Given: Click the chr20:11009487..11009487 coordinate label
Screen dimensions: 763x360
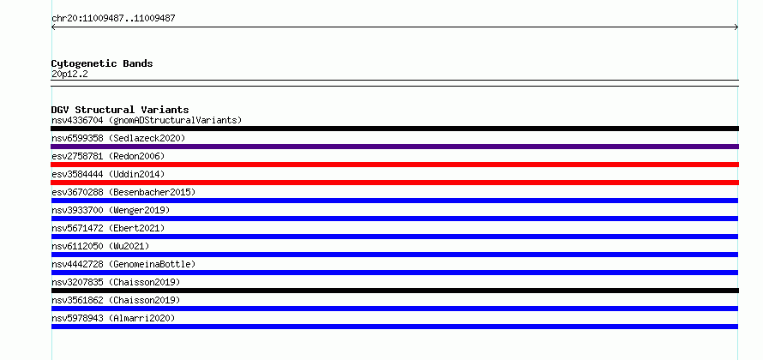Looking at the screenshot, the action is point(113,19).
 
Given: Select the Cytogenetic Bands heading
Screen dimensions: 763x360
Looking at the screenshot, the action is point(102,63).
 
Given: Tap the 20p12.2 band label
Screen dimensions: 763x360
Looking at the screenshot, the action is point(69,74).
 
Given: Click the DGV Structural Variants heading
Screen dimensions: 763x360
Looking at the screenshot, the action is point(120,110).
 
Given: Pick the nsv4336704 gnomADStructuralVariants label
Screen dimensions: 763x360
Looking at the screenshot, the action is point(147,120).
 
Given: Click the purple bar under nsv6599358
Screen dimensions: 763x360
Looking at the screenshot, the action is point(394,147).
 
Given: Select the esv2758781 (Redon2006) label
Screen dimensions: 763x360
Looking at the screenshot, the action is point(108,156).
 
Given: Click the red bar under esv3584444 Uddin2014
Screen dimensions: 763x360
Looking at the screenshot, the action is point(394,183).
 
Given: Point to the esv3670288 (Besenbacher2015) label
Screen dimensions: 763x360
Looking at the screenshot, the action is point(123,192).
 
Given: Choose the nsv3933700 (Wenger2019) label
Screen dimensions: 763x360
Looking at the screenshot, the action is point(111,210).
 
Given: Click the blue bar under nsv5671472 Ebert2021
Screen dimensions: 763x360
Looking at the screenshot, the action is point(394,237).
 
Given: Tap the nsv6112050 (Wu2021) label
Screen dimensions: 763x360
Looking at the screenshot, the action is point(100,246).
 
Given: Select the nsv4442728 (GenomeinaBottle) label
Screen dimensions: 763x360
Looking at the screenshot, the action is point(123,264).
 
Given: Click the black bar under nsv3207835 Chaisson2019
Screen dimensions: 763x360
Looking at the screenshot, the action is point(394,291).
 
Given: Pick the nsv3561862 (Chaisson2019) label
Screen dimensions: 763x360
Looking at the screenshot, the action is point(116,300).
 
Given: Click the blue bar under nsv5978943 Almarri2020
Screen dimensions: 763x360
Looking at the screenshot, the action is point(394,327).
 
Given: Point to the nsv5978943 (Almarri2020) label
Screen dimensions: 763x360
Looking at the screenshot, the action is point(113,318).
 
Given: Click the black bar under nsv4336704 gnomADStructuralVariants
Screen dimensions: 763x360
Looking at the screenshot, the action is point(394,129).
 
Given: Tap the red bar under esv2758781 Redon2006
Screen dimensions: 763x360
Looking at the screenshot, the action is point(394,165).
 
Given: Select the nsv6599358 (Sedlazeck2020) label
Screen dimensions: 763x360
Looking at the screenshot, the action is point(118,138).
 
